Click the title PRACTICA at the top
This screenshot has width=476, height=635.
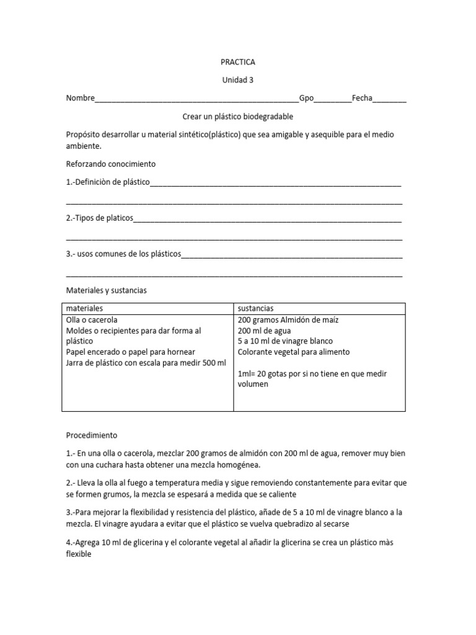tap(238, 62)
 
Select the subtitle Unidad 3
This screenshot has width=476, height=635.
tap(238, 80)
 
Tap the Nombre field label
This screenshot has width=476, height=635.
tap(80, 98)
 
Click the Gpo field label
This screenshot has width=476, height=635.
tap(307, 98)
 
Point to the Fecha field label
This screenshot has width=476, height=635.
tap(362, 98)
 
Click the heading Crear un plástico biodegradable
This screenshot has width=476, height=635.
tap(238, 117)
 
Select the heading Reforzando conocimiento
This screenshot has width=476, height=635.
tap(110, 164)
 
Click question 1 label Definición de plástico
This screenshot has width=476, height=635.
tap(108, 183)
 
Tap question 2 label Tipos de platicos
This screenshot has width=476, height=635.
tap(100, 218)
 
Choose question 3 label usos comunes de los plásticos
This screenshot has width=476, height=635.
tap(123, 254)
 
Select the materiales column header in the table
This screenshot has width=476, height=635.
tap(84, 308)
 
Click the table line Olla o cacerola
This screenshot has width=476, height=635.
tap(92, 320)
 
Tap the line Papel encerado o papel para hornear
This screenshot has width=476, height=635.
tap(131, 352)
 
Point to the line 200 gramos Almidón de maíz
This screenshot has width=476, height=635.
tap(288, 320)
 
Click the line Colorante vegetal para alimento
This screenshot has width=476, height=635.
tap(293, 352)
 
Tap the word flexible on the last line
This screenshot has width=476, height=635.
tap(78, 554)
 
